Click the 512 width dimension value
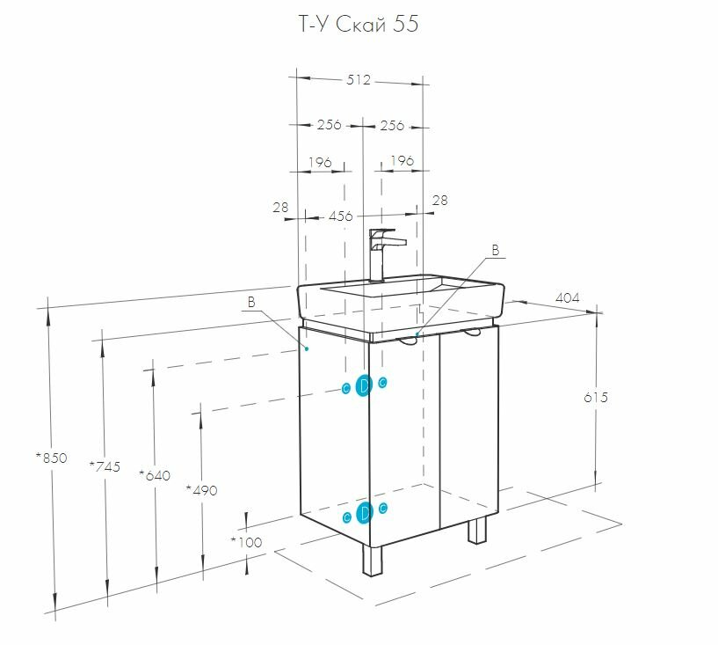point(359,80)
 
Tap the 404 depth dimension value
point(568,298)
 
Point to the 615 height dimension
point(595,397)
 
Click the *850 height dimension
point(51,457)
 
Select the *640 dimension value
point(154,476)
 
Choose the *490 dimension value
point(201,490)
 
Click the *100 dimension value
point(246,542)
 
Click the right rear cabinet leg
point(477,530)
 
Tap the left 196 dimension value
point(320,162)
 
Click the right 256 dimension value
point(392,126)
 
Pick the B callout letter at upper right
point(495,251)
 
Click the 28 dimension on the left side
point(280,208)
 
